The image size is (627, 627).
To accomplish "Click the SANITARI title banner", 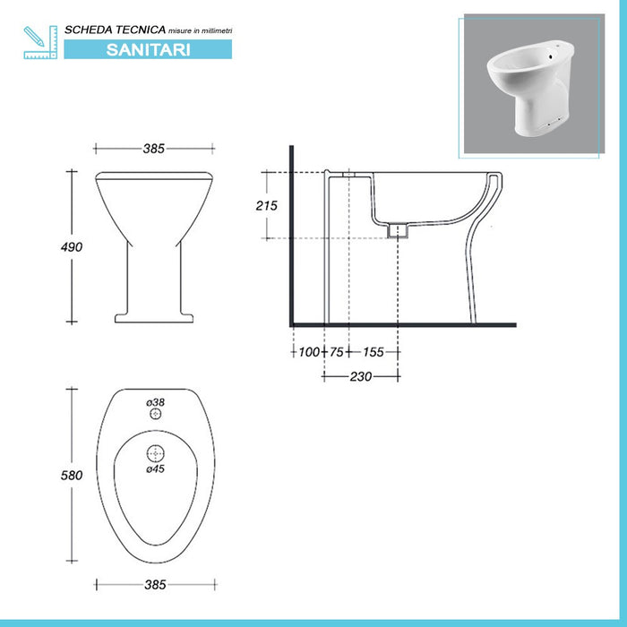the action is tap(148, 49).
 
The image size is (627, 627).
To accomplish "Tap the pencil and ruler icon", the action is tap(40, 43).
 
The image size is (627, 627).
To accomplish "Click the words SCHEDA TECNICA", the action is tap(116, 30).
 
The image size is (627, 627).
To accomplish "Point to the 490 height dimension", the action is tap(72, 247).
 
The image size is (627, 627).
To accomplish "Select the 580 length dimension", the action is tap(72, 475).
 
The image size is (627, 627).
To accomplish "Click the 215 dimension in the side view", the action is tap(266, 205).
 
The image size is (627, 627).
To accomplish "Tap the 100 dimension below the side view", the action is tap(309, 352).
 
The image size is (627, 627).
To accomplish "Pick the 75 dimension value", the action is tap(337, 352).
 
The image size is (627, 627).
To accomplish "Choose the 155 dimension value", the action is tap(374, 352).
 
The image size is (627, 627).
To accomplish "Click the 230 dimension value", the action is tap(361, 376).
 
